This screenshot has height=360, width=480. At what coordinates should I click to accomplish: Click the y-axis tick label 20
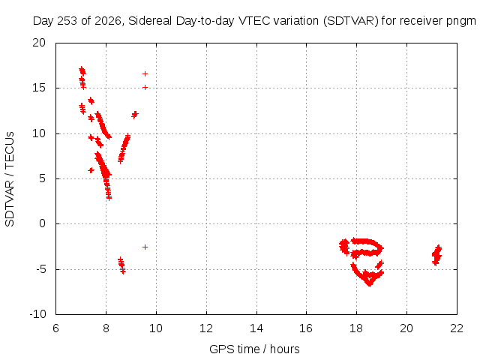click(x=39, y=43)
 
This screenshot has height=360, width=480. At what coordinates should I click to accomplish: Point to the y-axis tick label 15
click(x=39, y=88)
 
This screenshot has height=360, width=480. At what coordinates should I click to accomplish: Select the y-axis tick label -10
click(x=38, y=314)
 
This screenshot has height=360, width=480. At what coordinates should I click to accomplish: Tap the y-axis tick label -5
click(x=41, y=269)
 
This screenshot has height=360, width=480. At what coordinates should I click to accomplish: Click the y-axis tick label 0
click(x=43, y=223)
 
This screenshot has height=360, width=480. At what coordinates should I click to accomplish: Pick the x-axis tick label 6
click(x=55, y=328)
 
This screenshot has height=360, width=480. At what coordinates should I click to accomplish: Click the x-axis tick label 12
click(x=206, y=328)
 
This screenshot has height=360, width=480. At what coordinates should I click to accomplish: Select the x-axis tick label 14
click(x=256, y=328)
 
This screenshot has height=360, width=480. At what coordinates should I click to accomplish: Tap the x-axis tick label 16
click(x=306, y=328)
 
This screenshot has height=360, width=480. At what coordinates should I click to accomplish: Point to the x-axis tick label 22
click(x=457, y=328)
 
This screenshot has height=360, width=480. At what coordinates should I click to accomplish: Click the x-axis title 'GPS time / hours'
click(x=254, y=349)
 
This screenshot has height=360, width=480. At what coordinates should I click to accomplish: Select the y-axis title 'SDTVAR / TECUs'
click(x=10, y=179)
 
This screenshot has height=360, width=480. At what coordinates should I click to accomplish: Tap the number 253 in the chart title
click(x=69, y=21)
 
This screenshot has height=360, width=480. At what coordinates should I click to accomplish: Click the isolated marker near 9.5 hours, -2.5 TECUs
click(x=145, y=247)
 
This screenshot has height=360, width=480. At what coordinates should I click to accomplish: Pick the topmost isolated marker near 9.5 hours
click(x=145, y=73)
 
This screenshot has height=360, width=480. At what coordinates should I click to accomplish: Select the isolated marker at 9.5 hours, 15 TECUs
click(x=145, y=87)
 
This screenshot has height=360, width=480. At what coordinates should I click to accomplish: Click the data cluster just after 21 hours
click(x=436, y=255)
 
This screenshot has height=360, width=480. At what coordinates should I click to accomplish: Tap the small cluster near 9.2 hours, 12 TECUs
click(x=135, y=115)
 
